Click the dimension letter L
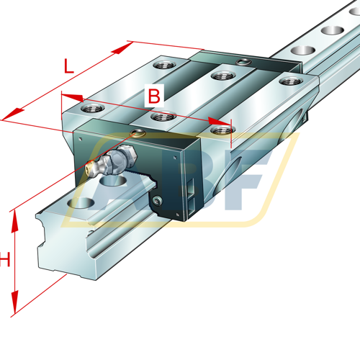click(68, 66)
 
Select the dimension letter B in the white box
click(154, 96)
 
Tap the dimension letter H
click(5, 259)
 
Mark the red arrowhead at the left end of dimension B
click(73, 97)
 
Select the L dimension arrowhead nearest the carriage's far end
click(122, 48)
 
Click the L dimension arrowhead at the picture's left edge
click(13, 114)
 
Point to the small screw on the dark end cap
click(157, 200)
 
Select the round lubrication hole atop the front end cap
click(138, 132)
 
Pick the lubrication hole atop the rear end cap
click(243, 62)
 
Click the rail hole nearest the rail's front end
click(81, 203)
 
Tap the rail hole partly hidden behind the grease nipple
click(113, 180)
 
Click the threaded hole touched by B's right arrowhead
click(222, 130)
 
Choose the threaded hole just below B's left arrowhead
click(93, 108)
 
